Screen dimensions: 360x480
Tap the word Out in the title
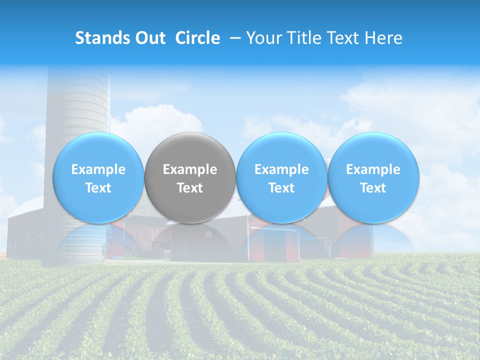[x=150, y=38]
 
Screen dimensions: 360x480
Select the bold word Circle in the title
[x=197, y=38]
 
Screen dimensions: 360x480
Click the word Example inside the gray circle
[x=190, y=169]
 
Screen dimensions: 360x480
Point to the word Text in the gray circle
[x=190, y=188]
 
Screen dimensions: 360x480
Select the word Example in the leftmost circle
[x=98, y=169]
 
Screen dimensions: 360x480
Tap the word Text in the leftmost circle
[x=98, y=188]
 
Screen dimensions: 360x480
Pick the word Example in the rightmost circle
[x=373, y=169]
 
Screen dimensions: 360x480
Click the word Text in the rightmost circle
[x=373, y=188]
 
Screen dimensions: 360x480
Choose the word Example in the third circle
[x=281, y=169]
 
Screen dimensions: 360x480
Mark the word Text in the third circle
[x=281, y=188]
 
